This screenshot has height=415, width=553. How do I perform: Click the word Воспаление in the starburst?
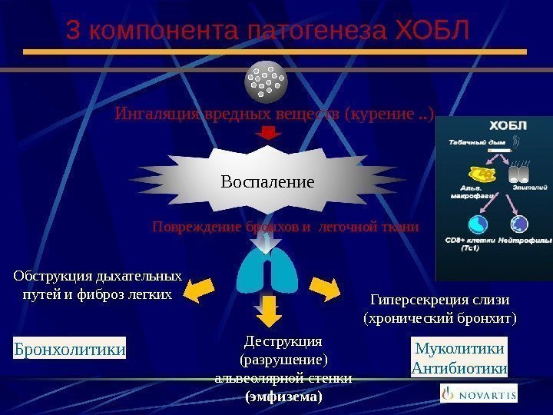click(x=267, y=182)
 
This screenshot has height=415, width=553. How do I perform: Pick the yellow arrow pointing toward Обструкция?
click(x=202, y=289)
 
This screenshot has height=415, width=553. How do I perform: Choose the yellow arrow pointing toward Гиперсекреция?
click(x=325, y=287)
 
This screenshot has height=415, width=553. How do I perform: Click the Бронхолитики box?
click(x=70, y=350)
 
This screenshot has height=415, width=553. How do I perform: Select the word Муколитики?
click(x=460, y=349)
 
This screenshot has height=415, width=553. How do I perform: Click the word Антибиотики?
click(x=460, y=369)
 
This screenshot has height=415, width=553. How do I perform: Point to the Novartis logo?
click(x=478, y=394)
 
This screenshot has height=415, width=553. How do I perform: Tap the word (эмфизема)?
click(x=283, y=397)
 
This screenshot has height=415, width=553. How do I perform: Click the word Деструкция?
click(x=283, y=340)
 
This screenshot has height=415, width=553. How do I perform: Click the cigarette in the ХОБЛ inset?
click(x=497, y=149)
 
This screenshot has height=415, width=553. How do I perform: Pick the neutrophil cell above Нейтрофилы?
click(x=520, y=224)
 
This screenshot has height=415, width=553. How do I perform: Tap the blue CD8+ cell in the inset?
click(x=478, y=224)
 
